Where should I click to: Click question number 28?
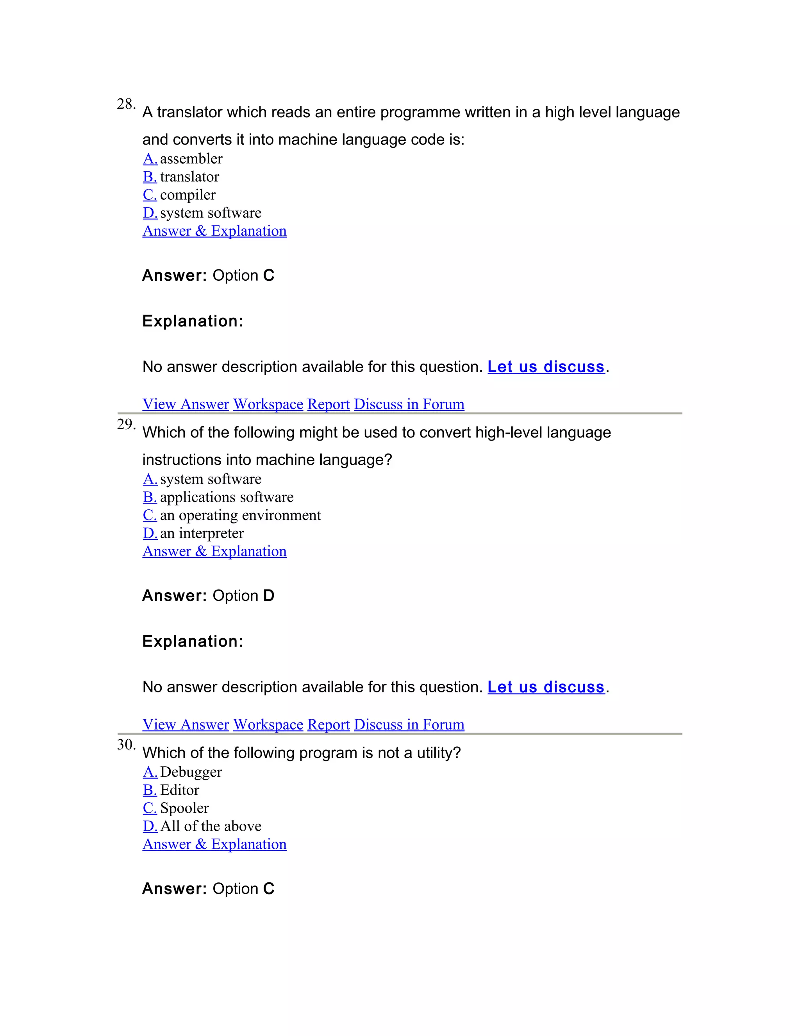[x=126, y=104]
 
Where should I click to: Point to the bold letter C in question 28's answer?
[x=269, y=276]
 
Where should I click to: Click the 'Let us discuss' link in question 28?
[x=546, y=367]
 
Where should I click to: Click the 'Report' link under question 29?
[x=329, y=724]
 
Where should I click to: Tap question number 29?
[x=126, y=424]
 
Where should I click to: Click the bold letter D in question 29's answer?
[x=269, y=596]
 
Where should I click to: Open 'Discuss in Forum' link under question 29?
[x=409, y=724]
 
